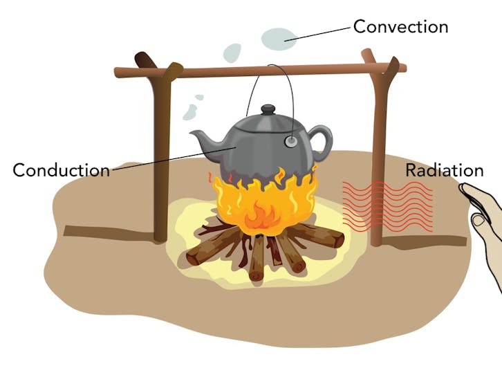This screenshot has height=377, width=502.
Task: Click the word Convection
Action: pyautogui.click(x=400, y=27)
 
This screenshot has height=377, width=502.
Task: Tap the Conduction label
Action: pyautogui.click(x=61, y=169)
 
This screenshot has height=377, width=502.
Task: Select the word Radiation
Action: pyautogui.click(x=444, y=170)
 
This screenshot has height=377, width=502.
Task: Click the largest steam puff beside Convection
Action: pyautogui.click(x=279, y=38)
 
